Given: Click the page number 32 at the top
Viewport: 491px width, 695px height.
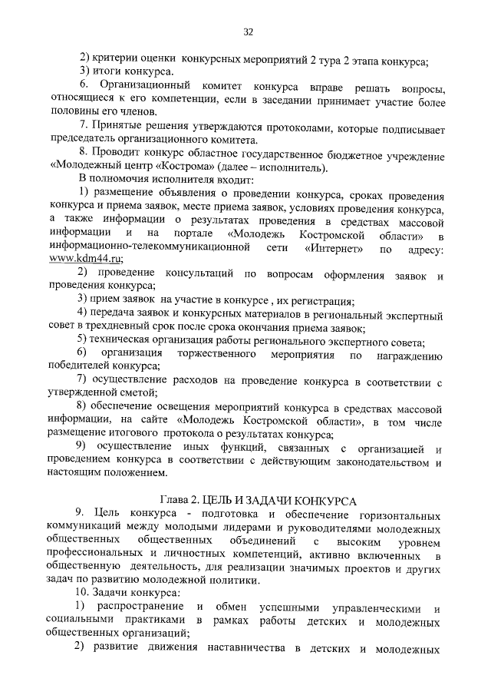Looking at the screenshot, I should [x=248, y=31].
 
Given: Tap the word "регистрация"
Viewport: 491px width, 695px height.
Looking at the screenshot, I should [x=321, y=299].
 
